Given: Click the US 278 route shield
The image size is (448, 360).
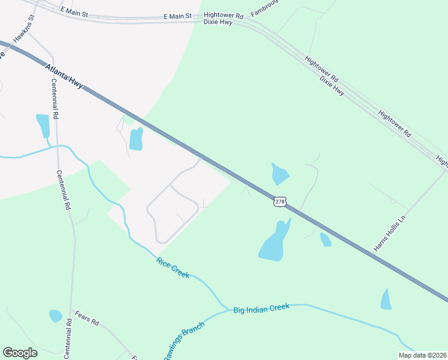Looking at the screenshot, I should tap(280, 202).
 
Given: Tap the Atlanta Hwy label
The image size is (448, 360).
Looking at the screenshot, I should tap(63, 76).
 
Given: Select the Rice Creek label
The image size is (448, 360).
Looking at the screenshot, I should tap(172, 268).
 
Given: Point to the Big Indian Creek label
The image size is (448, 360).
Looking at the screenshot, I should tap(261, 307).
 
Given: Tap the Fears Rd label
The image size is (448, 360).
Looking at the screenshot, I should tap(87, 318).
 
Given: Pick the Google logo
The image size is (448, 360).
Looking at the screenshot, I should tap(20, 353).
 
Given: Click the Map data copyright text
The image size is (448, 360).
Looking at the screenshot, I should tap(422, 355).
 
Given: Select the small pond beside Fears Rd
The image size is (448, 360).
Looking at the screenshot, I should tap(55, 316).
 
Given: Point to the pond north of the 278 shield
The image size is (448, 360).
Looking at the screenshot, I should tap(280, 174).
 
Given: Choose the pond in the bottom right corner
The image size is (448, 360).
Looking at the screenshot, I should tap(386, 299).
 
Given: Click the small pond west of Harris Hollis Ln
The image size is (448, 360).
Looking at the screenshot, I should tap(325, 239).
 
